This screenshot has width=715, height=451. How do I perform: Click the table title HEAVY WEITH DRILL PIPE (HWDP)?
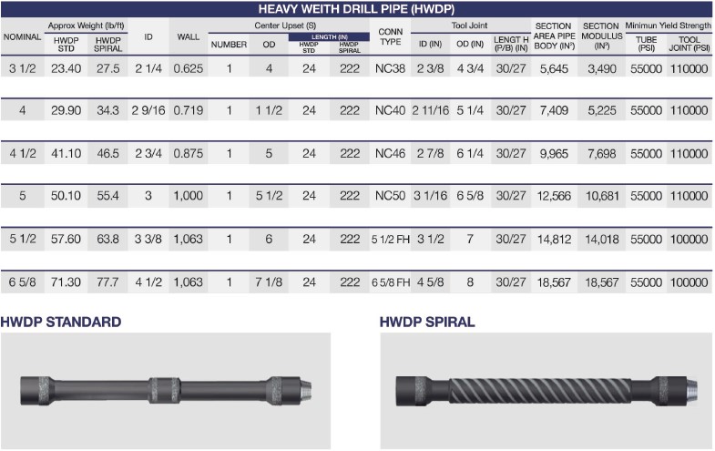[357, 9]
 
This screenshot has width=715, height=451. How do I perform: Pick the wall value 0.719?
[189, 110]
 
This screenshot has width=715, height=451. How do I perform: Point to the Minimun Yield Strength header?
[668, 25]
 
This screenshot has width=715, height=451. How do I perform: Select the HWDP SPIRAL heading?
[427, 322]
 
